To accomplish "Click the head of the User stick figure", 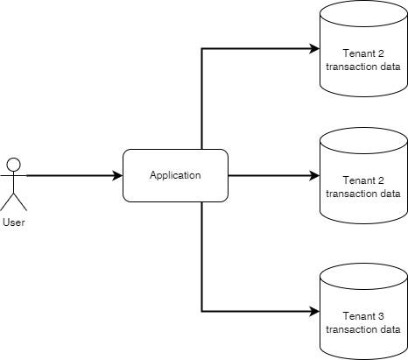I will (x=13, y=163).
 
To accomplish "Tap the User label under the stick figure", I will (x=13, y=222).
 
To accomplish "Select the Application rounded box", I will (x=175, y=175).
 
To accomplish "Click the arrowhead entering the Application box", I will (x=117, y=175).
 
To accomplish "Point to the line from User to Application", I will (x=70, y=175).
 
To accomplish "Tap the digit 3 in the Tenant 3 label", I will (x=382, y=316).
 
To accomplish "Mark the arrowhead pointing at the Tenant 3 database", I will (x=314, y=311).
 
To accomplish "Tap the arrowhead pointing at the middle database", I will (x=314, y=175).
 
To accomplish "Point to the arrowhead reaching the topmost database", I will (x=314, y=48).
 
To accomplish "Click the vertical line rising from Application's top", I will (x=202, y=96).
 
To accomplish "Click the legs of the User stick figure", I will (x=13, y=201).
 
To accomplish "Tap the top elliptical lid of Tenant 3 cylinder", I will (x=363, y=275).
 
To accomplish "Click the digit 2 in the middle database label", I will (x=382, y=180).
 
